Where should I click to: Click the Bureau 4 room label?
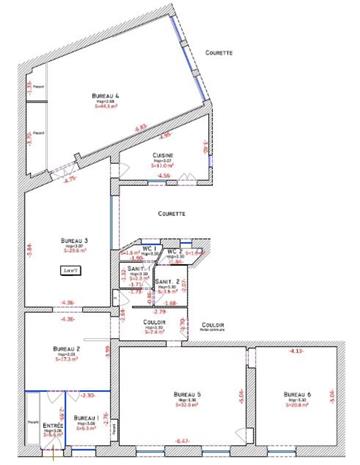[104, 94]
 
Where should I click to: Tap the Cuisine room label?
[164, 155]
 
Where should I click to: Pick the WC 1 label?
[154, 247]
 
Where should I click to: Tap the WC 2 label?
[173, 251]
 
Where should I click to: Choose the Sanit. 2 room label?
[167, 283]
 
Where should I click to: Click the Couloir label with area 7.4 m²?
[152, 322]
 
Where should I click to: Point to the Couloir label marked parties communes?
[211, 325]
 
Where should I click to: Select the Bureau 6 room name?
[298, 393]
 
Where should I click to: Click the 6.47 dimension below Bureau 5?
[181, 441]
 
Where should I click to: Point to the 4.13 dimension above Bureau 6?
[296, 351]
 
